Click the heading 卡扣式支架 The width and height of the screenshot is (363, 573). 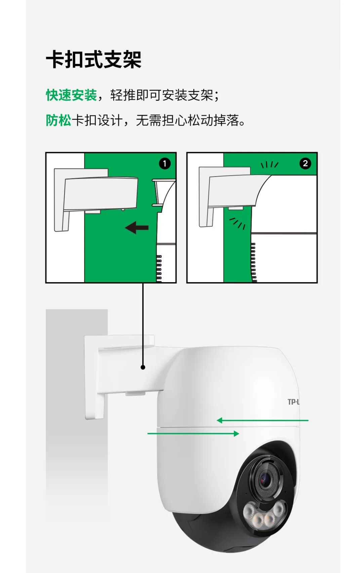[93, 59]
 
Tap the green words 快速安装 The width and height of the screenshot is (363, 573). [71, 95]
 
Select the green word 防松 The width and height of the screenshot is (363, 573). [58, 120]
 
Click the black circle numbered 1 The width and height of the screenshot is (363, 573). [165, 163]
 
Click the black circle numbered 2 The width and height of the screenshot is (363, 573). [305, 163]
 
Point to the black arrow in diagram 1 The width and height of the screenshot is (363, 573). [137, 227]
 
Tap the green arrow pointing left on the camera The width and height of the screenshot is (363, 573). [262, 420]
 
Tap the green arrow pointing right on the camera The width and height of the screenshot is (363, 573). [193, 433]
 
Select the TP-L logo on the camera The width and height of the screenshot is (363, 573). [293, 402]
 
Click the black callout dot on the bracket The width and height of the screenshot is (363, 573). [143, 367]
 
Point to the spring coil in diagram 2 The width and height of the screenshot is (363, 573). [253, 262]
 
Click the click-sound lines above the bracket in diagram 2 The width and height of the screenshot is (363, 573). [270, 164]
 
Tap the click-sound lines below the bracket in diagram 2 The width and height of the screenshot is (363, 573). [238, 223]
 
